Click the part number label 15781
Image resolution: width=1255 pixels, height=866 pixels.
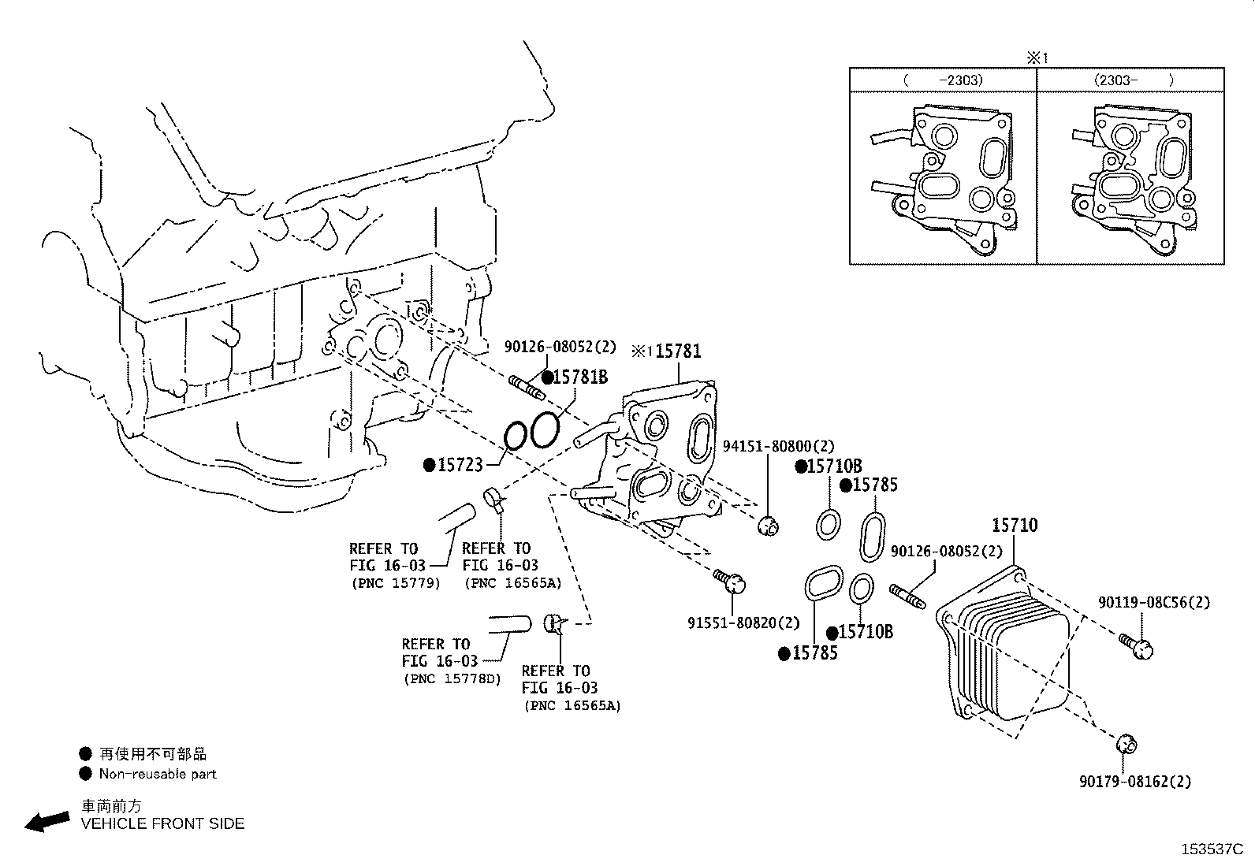677,351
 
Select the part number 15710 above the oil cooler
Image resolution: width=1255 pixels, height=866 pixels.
1014,526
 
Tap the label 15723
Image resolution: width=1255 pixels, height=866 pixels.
460,465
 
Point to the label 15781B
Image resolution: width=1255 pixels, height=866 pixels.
579,377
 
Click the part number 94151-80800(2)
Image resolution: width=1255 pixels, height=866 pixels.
778,447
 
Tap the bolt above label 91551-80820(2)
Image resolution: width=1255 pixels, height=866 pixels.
731,582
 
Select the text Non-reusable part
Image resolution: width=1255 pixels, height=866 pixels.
158,774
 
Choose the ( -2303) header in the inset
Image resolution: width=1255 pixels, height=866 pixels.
943,80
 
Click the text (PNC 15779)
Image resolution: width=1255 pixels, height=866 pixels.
395,584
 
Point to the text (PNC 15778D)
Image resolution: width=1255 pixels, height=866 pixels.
452,678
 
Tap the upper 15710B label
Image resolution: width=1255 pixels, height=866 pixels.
834,466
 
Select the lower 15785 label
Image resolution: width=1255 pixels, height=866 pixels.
815,653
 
